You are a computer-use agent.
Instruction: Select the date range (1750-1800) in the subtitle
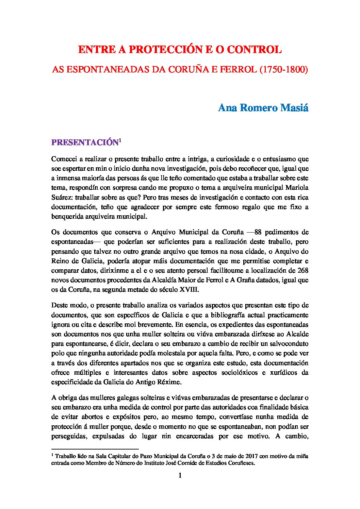tap(283, 70)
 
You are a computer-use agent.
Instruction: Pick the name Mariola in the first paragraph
tap(297, 187)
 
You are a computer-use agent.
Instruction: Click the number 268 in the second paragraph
tap(302, 271)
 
